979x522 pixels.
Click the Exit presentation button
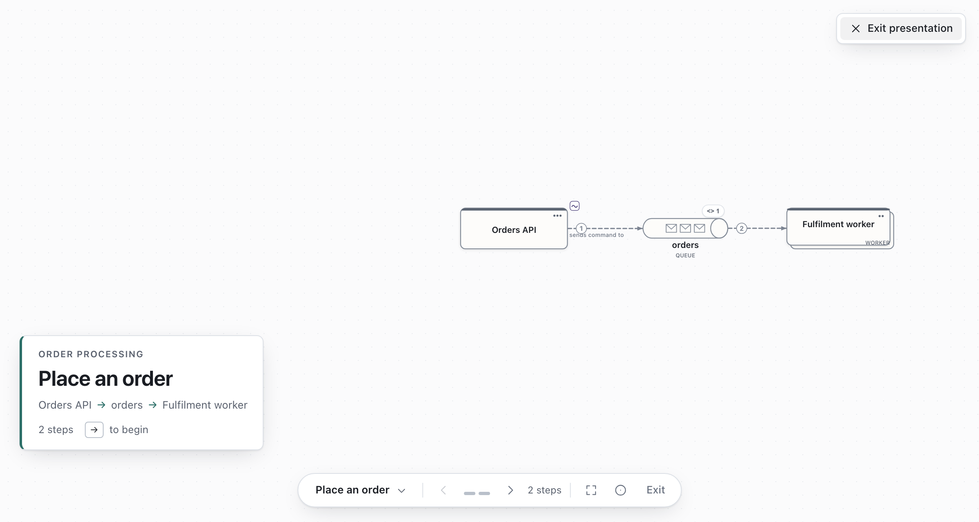pos(901,28)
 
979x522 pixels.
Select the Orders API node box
pos(514,228)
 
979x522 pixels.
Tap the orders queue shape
pos(685,228)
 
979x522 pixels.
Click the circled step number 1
pos(581,228)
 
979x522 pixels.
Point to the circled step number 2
pos(742,228)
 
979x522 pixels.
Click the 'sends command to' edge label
pos(596,235)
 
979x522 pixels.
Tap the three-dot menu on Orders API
pos(558,216)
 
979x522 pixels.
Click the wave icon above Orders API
pos(575,206)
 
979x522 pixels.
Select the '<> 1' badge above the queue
pos(713,211)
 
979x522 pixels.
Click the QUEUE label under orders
pos(685,255)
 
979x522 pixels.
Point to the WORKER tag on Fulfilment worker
pos(877,243)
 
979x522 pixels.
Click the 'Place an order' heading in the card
pos(106,378)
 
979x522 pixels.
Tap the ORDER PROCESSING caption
pos(91,354)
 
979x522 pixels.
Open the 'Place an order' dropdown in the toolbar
pos(361,490)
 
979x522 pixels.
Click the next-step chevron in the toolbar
pos(510,490)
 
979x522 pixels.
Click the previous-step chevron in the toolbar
pos(443,490)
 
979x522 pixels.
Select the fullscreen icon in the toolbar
pos(591,490)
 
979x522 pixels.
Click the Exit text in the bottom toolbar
pos(656,490)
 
